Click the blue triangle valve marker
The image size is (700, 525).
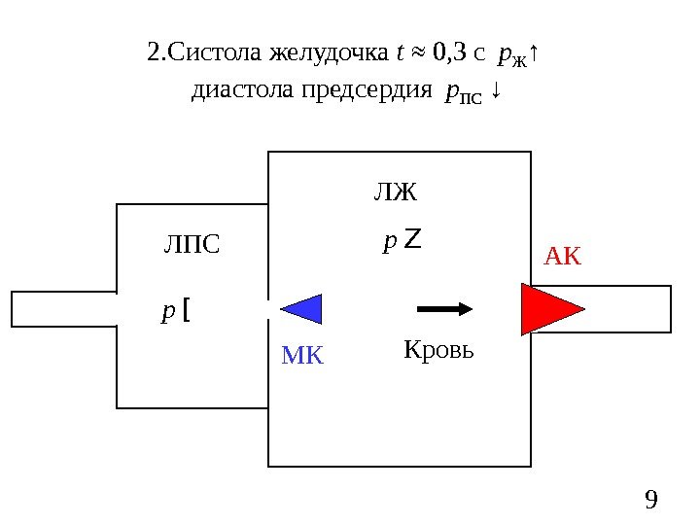click(304, 308)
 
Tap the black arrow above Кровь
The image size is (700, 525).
click(444, 309)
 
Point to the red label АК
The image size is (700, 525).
click(561, 257)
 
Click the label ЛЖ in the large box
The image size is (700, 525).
click(395, 192)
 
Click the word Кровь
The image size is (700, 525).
click(438, 349)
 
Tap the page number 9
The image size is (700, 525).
click(651, 500)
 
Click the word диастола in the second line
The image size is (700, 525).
click(240, 91)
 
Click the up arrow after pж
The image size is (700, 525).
click(536, 52)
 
